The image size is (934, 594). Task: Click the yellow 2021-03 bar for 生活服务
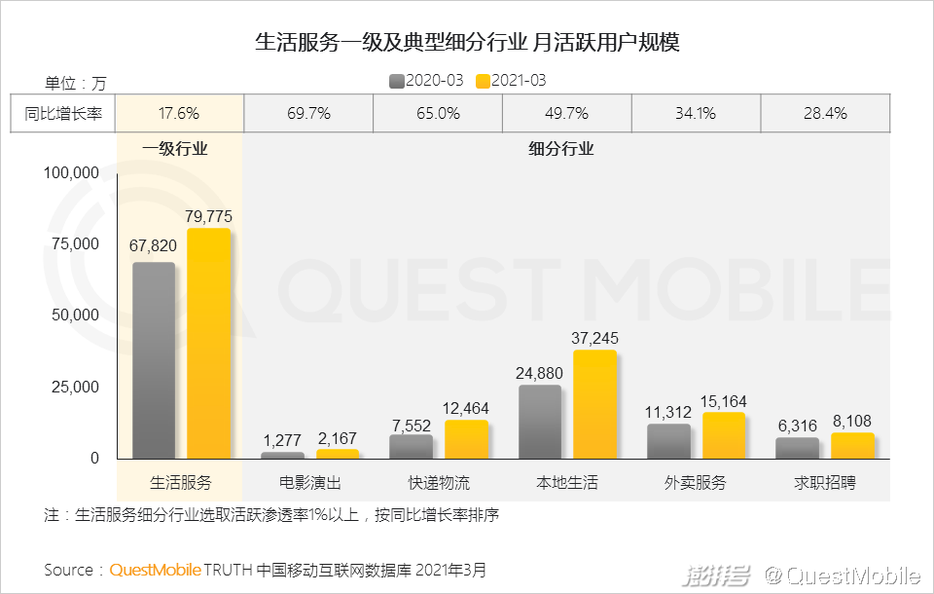[x=209, y=343]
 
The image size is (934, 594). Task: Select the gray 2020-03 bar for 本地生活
[x=539, y=422]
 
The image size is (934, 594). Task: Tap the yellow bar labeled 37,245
[x=594, y=404]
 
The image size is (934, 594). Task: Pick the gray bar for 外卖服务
[x=668, y=441]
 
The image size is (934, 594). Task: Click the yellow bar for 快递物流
[x=466, y=439]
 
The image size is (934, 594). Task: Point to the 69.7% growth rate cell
[x=308, y=113]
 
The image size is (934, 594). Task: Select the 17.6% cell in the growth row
[x=179, y=113]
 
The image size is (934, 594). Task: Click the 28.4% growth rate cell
[x=825, y=113]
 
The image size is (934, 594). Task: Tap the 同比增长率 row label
[x=63, y=113]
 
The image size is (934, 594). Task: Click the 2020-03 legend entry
[x=426, y=80]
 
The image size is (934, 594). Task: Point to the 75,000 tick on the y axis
[x=73, y=243]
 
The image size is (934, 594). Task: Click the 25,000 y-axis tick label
[x=73, y=387]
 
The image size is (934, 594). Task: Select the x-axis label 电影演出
[x=310, y=482]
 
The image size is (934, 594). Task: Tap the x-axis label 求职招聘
[x=825, y=482]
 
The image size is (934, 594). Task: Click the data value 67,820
[x=153, y=246]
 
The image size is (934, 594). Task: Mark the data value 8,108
[x=853, y=422]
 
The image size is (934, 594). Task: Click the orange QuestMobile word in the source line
[x=156, y=570]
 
